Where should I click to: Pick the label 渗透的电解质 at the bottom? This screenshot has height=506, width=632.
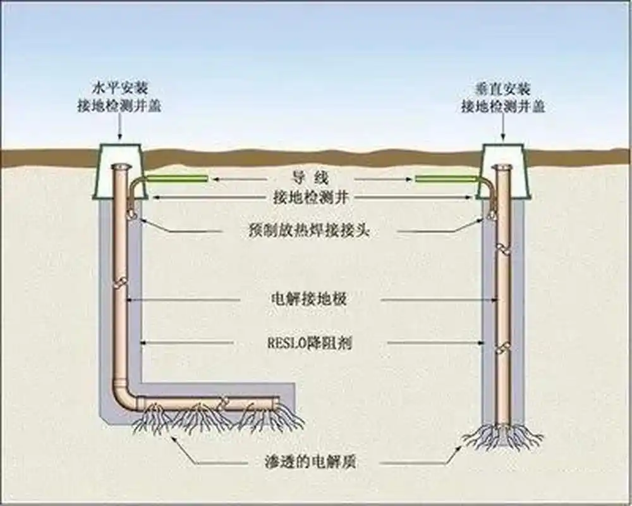(309, 461)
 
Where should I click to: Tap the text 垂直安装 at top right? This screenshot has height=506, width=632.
(503, 89)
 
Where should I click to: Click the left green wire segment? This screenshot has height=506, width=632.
(177, 179)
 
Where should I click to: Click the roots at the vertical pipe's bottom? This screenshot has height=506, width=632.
(503, 436)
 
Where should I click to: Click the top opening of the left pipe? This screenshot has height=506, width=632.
(119, 166)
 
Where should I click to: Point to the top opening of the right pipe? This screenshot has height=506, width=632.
(503, 166)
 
